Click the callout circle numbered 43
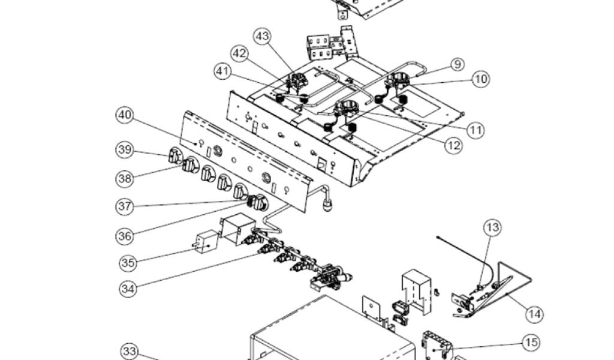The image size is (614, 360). (x=262, y=36)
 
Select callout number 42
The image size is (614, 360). (x=240, y=53)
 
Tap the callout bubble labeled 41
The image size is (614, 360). (x=223, y=71)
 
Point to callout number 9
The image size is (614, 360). (x=456, y=64)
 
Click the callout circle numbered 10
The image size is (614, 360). (x=480, y=79)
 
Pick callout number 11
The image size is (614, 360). (x=476, y=129)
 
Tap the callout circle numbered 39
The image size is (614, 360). (x=125, y=150)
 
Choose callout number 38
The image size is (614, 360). (x=125, y=178)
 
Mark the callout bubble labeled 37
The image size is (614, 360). (x=125, y=206)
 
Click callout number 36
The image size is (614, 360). (x=125, y=236)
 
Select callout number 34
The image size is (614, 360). (x=128, y=288)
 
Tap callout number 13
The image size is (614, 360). (x=492, y=227)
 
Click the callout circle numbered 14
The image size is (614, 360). (x=535, y=313)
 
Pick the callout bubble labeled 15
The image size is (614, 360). (x=531, y=343)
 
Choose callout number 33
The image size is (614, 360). (x=130, y=352)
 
